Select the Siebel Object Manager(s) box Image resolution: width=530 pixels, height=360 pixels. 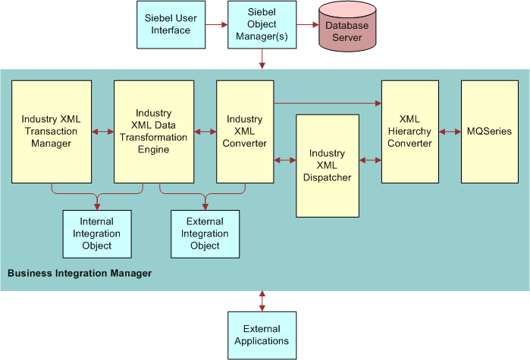(x=262, y=24)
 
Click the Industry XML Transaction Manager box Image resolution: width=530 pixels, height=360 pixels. (x=51, y=132)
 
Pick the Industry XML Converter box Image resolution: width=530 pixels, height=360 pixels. (x=245, y=132)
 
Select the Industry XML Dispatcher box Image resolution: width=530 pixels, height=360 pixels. (x=327, y=165)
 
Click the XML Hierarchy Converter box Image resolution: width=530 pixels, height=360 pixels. (x=409, y=132)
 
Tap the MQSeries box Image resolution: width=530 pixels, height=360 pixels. (x=490, y=132)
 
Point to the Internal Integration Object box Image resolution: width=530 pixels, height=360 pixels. (x=97, y=234)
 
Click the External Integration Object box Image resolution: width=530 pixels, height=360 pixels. (x=205, y=234)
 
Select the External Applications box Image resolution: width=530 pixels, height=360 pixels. (x=262, y=335)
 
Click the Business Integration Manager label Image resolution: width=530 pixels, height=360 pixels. (x=80, y=273)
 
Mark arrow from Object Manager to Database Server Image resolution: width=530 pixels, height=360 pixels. (x=306, y=25)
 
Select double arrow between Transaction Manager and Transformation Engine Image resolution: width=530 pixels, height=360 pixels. (x=102, y=132)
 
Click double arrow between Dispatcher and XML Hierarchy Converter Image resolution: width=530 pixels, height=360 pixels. (x=371, y=160)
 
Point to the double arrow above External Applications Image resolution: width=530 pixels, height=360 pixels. (x=262, y=300)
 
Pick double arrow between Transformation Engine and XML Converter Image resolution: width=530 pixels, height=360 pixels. (x=205, y=132)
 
